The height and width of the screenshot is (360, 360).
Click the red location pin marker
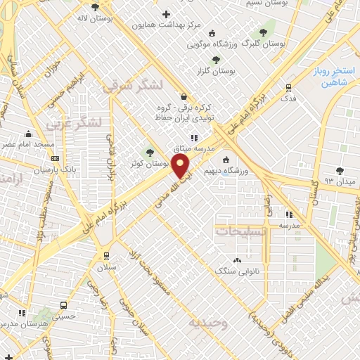[x=181, y=166]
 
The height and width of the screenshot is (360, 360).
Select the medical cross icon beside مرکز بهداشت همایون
[x=166, y=14]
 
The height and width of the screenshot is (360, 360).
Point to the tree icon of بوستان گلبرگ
[x=263, y=32]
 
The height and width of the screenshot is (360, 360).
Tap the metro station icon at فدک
[x=288, y=88]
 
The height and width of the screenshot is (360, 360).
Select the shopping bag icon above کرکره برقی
[x=184, y=98]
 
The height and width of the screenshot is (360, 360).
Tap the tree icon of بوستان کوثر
[x=148, y=152]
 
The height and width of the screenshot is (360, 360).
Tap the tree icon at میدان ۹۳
[x=340, y=170]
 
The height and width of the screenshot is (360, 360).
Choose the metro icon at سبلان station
[x=106, y=256]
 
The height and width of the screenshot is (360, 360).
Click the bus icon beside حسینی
[x=64, y=306]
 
